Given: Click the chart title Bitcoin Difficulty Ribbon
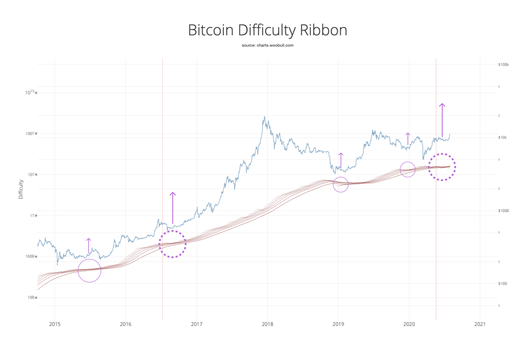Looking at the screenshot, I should coord(267,30).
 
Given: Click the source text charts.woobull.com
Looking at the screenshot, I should coord(267,45).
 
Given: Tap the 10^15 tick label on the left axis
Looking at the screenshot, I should coord(30,92).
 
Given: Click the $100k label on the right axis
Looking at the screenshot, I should coord(503,64).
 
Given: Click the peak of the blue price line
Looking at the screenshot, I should coord(264,117).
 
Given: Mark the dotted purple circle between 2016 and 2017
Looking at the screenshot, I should coord(172,244).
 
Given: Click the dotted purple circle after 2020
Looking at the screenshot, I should coord(442,167).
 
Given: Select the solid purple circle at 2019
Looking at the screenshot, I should coord(341,184).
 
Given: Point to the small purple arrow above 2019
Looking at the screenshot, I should coord(340,160).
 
